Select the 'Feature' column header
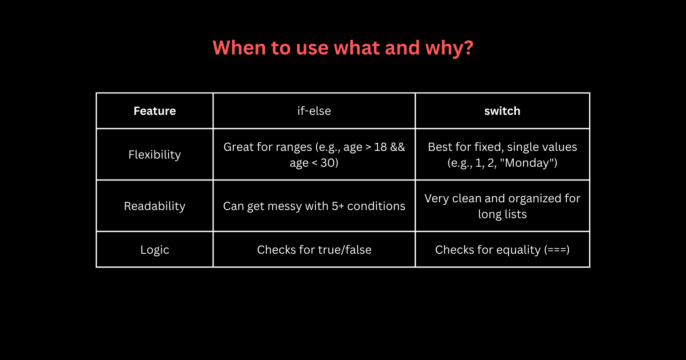155,111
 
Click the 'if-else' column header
314,111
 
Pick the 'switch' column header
502,111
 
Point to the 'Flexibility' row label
155,155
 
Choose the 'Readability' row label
155,206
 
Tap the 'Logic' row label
155,250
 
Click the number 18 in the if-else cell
380,147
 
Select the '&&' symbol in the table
397,147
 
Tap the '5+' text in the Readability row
338,206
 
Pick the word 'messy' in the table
285,206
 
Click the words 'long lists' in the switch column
502,214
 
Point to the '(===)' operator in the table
557,250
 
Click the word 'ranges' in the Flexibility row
292,147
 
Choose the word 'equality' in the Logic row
518,250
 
